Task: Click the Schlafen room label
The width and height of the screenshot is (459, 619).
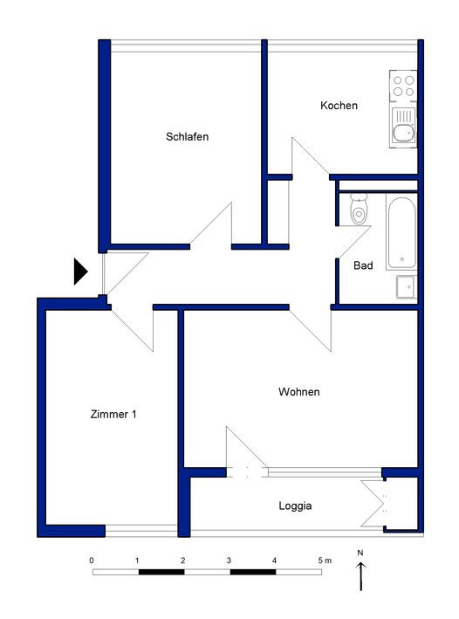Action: [187, 136]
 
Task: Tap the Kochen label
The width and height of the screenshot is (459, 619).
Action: [339, 106]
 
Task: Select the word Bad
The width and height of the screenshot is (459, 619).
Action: [363, 265]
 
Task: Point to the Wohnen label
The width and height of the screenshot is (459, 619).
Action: [298, 392]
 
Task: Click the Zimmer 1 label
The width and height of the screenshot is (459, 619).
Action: [113, 414]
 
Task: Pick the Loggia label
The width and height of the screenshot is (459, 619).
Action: [295, 506]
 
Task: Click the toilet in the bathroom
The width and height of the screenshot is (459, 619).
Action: [359, 210]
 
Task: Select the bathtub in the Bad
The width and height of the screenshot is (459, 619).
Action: [401, 233]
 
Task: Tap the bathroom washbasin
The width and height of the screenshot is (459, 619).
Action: [407, 286]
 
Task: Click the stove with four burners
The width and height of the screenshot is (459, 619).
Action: [403, 86]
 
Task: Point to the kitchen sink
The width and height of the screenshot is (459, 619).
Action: [403, 126]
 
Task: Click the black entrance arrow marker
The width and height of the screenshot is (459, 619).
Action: [80, 272]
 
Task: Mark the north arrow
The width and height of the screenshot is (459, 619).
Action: [360, 576]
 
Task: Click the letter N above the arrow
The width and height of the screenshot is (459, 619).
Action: [360, 553]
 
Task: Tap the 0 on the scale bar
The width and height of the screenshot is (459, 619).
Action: [92, 561]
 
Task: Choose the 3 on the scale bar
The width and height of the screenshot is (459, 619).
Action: [229, 561]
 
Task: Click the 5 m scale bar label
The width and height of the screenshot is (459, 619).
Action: [325, 561]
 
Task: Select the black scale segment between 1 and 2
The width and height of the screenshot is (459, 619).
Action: [161, 572]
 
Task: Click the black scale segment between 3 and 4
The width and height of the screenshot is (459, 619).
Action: [253, 572]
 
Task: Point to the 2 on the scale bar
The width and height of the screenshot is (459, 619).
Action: [183, 561]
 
